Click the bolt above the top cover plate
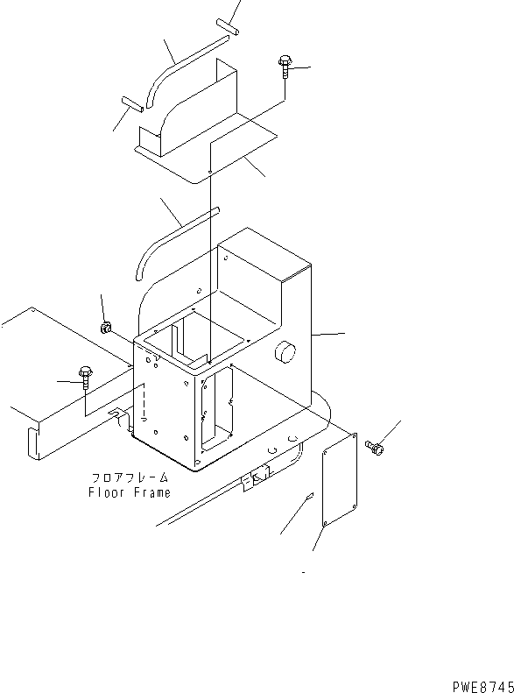point(285,67)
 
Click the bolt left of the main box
point(85,378)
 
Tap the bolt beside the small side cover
point(375,448)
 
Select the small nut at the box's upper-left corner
point(105,328)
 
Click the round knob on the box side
point(285,352)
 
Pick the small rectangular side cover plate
point(340,480)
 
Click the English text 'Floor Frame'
point(130,492)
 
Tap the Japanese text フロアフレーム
point(130,477)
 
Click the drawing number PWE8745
point(483,686)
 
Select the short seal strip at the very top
point(228,27)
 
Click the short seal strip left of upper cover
point(132,104)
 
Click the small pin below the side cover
point(310,496)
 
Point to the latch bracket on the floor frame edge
point(255,477)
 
